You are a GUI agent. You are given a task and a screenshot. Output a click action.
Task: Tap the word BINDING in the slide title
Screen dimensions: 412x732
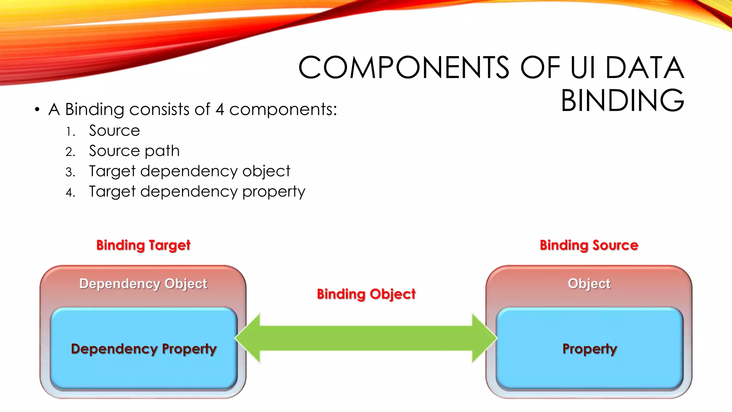tap(622, 101)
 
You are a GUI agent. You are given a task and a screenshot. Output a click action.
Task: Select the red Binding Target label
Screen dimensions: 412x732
tap(143, 245)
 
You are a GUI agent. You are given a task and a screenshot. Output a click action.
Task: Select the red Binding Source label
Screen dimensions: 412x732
tap(589, 245)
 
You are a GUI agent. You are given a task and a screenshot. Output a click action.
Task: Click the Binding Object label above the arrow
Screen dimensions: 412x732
tap(366, 294)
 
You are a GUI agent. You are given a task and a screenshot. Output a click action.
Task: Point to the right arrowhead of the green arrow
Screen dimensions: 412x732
tap(484, 338)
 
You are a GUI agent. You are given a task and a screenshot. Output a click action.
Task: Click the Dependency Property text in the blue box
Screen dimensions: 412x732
tap(144, 349)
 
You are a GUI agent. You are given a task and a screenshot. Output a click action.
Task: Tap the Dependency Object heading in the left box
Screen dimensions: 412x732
tap(143, 284)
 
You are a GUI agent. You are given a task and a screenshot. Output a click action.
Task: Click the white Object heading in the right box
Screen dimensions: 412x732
tap(589, 284)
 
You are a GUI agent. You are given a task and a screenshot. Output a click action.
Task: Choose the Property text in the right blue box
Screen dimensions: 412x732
tap(590, 349)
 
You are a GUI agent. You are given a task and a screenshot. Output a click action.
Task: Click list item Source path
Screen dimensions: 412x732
tap(134, 151)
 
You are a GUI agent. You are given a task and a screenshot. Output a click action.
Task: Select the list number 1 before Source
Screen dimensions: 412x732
tap(70, 132)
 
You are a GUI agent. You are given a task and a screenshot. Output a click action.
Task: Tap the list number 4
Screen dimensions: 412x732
tap(70, 193)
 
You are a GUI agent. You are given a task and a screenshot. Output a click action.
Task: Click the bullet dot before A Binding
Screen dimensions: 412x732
tap(37, 109)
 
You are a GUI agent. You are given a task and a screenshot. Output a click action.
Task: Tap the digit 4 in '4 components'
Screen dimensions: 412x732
tap(220, 109)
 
